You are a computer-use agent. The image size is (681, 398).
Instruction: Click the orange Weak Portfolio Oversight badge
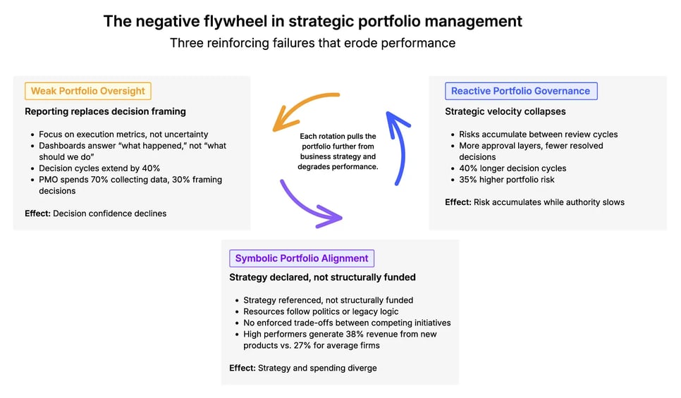point(88,91)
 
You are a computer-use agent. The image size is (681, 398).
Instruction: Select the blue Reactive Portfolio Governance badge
point(520,91)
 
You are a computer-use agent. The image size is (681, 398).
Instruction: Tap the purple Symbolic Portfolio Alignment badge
point(301,259)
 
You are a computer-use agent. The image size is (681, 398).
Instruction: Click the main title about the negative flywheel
point(313,21)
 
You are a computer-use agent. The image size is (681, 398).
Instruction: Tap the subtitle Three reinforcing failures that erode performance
point(312,43)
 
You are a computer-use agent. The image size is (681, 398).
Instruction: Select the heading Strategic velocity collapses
point(505,111)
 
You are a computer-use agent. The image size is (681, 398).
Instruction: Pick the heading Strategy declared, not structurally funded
point(322,278)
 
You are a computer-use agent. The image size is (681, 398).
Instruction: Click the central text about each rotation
point(338,151)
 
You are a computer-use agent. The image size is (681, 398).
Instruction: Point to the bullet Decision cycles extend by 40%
point(99,168)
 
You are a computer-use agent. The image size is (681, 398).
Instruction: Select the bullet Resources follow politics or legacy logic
point(321,311)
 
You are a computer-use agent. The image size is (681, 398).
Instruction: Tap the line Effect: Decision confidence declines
point(95,213)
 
